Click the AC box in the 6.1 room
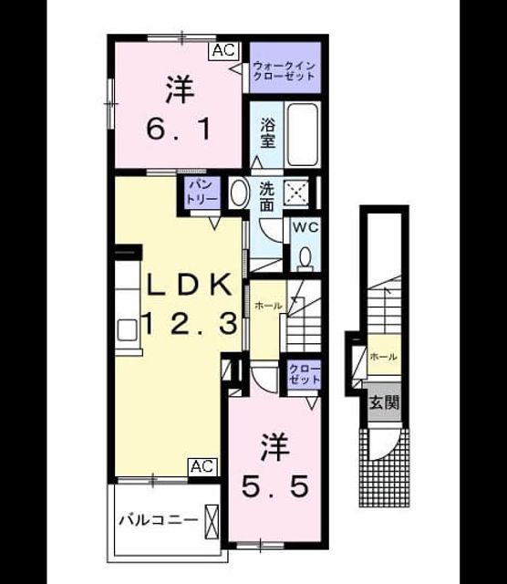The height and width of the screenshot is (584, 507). [224, 50]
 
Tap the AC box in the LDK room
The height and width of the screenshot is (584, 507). [202, 466]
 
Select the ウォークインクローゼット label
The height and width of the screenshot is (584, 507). [284, 71]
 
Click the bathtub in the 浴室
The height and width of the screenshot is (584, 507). [303, 134]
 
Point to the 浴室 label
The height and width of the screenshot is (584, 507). [267, 132]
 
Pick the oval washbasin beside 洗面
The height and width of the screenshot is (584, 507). [240, 193]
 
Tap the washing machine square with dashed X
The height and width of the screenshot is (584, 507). [296, 193]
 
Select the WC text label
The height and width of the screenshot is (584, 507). [305, 227]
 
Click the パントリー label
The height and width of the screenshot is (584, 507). [202, 193]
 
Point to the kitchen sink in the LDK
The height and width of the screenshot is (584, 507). [127, 330]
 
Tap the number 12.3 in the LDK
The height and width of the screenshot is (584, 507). [191, 323]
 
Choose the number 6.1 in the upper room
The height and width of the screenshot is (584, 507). [179, 129]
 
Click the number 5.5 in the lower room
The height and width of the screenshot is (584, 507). [275, 486]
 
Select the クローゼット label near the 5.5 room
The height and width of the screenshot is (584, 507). [305, 374]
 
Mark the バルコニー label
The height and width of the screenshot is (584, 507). [159, 520]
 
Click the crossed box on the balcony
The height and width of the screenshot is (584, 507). [212, 521]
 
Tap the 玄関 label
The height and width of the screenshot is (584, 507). [384, 402]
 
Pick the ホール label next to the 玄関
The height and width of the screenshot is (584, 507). [383, 357]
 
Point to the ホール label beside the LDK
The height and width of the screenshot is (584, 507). [268, 307]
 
